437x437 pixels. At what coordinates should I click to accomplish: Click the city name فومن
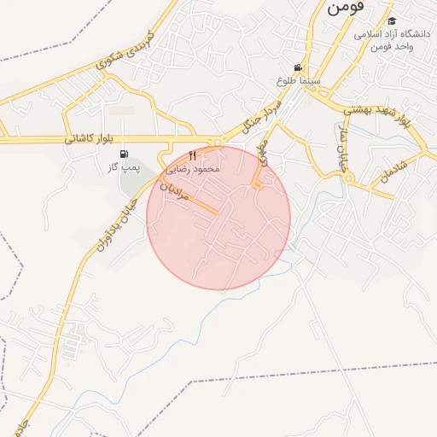point(345,6)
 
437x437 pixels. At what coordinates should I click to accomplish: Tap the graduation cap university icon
point(392,21)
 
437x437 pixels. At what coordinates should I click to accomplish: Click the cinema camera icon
point(297,67)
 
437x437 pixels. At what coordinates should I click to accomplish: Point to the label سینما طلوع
point(298,80)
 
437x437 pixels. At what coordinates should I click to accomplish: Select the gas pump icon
point(125,154)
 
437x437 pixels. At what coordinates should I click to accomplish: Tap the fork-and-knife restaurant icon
point(192,154)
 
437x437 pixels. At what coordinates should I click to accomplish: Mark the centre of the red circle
point(218,218)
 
